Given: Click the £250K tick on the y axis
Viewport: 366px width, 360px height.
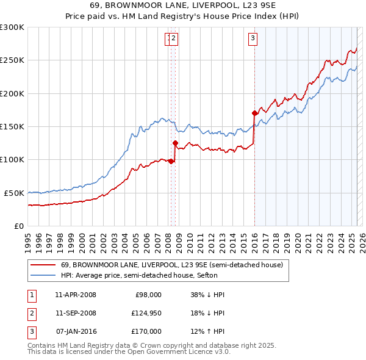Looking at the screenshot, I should point(12,60).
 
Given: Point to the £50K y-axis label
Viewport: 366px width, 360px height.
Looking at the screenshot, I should point(14,193).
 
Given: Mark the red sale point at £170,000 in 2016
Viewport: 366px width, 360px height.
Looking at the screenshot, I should point(254,113).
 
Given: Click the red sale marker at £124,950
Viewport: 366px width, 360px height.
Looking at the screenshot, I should point(175,143).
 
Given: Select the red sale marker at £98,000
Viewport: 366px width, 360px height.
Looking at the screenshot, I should point(171,161).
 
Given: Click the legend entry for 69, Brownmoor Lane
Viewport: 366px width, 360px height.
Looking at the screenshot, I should point(171,265).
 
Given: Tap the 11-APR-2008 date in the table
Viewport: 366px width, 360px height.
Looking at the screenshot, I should point(75,295).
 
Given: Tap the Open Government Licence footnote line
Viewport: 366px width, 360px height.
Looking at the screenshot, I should point(129,352).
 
